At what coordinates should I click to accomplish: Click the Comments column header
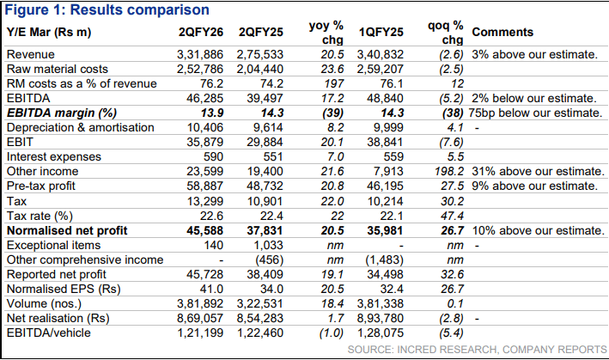click(x=502, y=32)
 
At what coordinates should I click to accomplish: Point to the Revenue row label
click(x=31, y=54)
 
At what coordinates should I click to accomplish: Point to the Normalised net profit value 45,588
click(x=207, y=230)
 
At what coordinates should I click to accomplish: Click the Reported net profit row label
click(x=55, y=275)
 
